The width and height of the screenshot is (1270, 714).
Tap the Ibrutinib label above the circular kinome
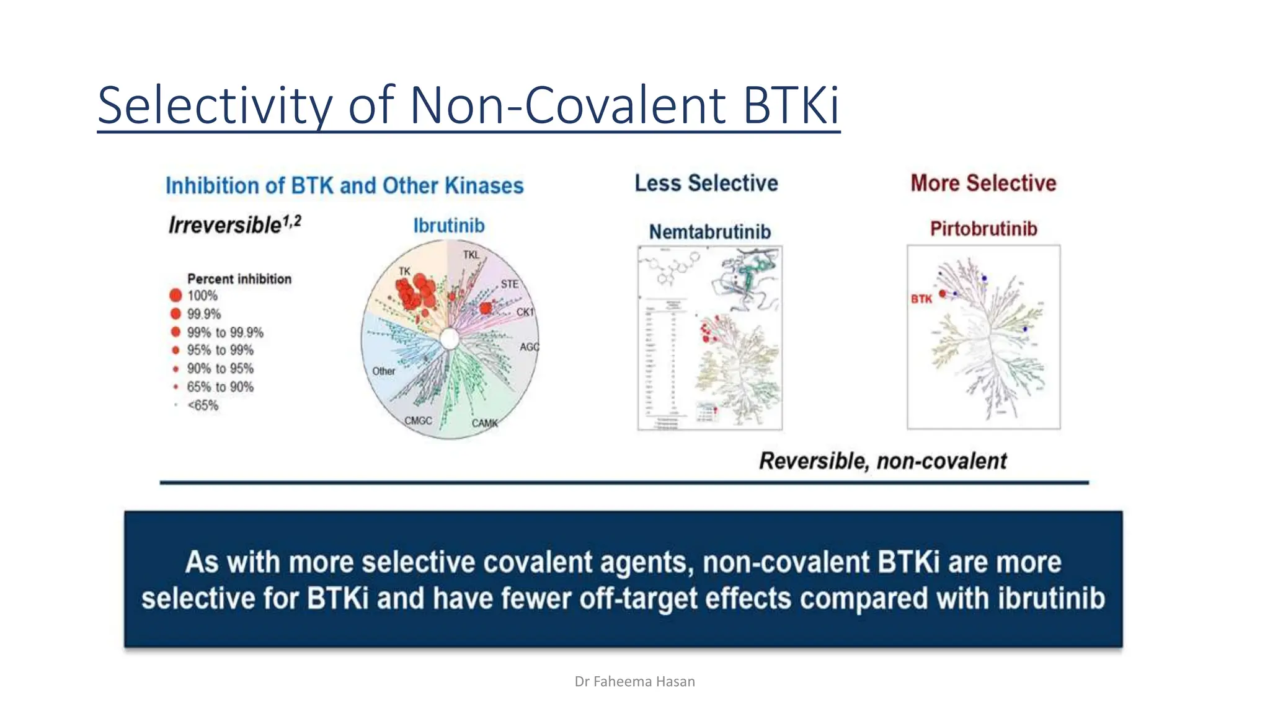tap(449, 226)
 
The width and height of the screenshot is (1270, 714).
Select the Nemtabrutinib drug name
tap(709, 232)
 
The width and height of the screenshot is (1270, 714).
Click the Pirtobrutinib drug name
tap(983, 229)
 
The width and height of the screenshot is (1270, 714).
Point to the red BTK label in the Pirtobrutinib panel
tap(921, 299)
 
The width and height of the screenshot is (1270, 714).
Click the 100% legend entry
tap(202, 296)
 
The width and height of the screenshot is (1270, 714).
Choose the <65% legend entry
tap(203, 405)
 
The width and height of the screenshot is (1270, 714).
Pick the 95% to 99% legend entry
tap(220, 350)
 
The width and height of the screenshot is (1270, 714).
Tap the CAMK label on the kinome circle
tap(484, 423)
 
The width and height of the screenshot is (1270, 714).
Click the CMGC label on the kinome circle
tap(418, 421)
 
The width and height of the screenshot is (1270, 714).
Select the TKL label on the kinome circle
tap(471, 255)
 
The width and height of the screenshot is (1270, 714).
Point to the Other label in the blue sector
tap(383, 371)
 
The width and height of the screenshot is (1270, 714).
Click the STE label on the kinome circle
tap(509, 284)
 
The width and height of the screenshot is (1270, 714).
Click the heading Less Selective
tap(706, 183)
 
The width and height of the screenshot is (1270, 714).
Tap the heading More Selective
tap(983, 183)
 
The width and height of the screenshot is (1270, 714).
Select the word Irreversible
tap(225, 225)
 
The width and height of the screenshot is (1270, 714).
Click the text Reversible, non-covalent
tap(882, 461)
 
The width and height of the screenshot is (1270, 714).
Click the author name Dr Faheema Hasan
tap(634, 682)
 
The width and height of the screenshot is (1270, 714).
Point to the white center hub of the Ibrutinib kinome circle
tap(450, 339)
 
